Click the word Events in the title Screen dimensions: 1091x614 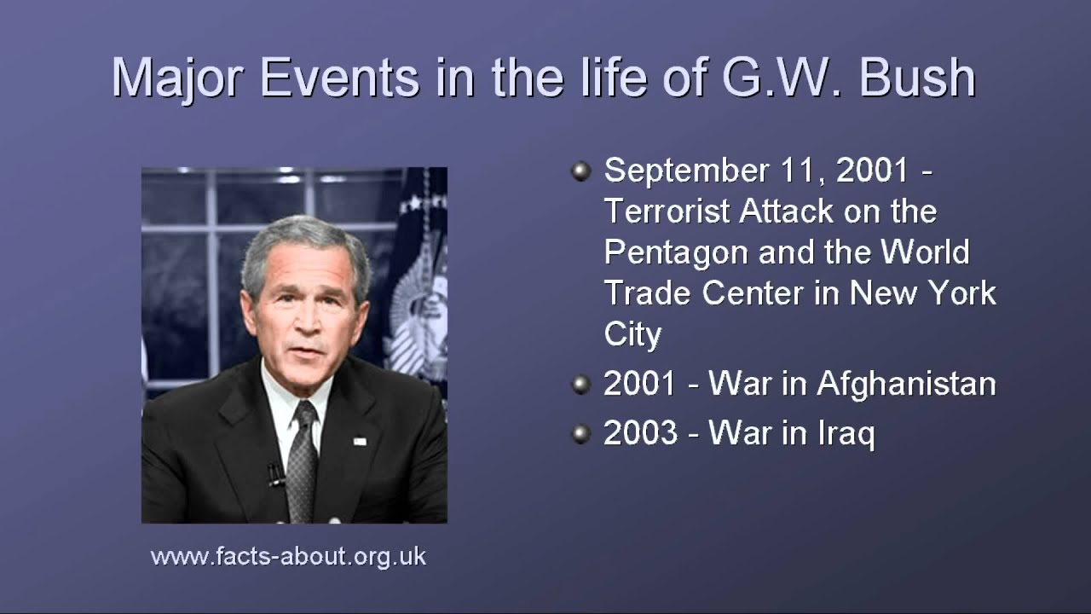coord(340,78)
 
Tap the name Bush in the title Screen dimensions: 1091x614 coord(917,78)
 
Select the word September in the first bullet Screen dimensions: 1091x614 coord(686,171)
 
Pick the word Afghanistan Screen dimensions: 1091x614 coord(906,384)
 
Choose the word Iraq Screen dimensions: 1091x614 coord(846,434)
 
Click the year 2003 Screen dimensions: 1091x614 coord(640,432)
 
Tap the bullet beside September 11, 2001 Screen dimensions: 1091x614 coord(581,171)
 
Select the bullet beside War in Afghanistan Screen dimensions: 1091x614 coord(581,385)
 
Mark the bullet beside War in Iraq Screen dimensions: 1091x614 coord(581,434)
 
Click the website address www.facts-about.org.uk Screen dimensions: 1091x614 coord(288,557)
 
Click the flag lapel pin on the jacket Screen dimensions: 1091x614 coord(360,442)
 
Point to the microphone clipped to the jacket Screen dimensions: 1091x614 coord(275,475)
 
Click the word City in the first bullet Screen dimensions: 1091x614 coord(632,335)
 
